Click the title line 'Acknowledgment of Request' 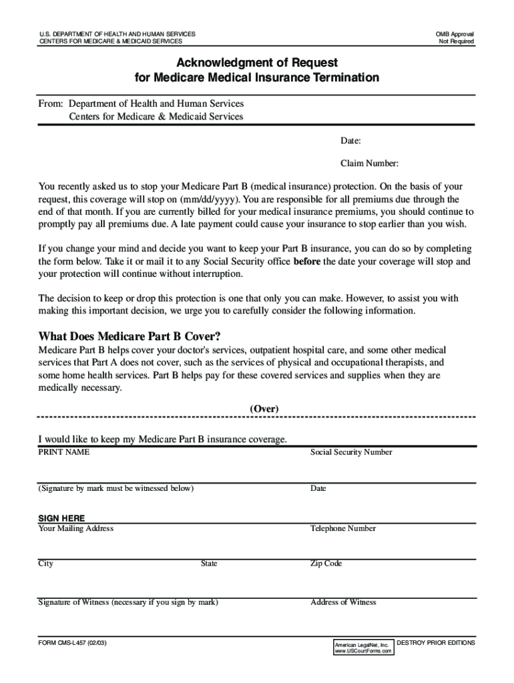[256, 63]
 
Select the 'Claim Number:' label [369, 163]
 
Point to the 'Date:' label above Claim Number [350, 141]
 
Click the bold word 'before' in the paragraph [307, 261]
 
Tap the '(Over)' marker [264, 408]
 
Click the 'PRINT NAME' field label [64, 452]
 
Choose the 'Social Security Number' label [351, 452]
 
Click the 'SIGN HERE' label [61, 518]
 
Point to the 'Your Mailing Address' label [76, 528]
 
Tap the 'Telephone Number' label [343, 528]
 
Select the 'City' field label [46, 564]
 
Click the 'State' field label [209, 564]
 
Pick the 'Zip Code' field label [326, 564]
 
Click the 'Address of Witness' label [343, 602]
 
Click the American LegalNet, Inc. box [363, 647]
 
